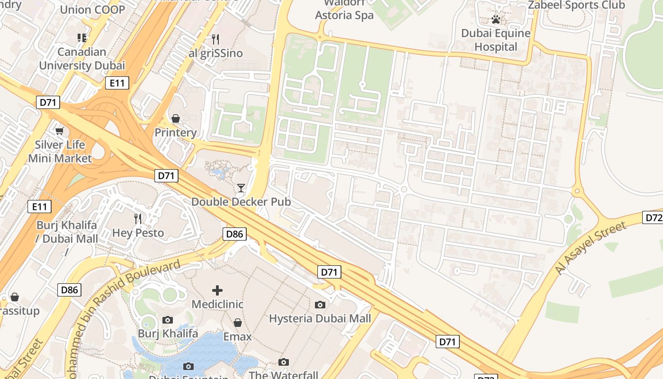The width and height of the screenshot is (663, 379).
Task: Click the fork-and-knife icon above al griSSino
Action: point(215,39)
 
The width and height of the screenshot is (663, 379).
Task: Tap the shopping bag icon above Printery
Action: point(176,118)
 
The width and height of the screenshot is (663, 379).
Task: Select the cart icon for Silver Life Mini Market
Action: point(59,131)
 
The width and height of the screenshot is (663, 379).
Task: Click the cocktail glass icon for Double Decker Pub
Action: point(241,188)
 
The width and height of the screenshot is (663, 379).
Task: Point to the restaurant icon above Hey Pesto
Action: point(138,218)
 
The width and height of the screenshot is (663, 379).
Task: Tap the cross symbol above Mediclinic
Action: point(217,290)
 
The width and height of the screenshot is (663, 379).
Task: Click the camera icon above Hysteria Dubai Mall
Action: point(320,305)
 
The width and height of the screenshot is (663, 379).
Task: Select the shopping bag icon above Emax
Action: point(238,323)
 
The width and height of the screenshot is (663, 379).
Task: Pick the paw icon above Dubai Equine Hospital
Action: point(496,19)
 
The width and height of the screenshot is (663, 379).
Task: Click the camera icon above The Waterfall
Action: point(284,362)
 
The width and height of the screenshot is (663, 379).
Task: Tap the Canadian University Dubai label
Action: point(82,58)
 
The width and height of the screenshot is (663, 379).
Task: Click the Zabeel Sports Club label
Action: point(576,5)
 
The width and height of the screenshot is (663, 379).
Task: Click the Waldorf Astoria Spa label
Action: point(344,10)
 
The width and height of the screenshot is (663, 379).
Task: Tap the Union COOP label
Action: point(92,9)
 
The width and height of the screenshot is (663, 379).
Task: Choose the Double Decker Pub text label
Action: point(241,202)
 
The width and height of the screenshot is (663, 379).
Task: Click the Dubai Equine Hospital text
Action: point(496,40)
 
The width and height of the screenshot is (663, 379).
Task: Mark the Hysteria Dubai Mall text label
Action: point(320,318)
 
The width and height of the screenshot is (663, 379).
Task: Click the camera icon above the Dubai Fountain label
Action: point(188,366)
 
